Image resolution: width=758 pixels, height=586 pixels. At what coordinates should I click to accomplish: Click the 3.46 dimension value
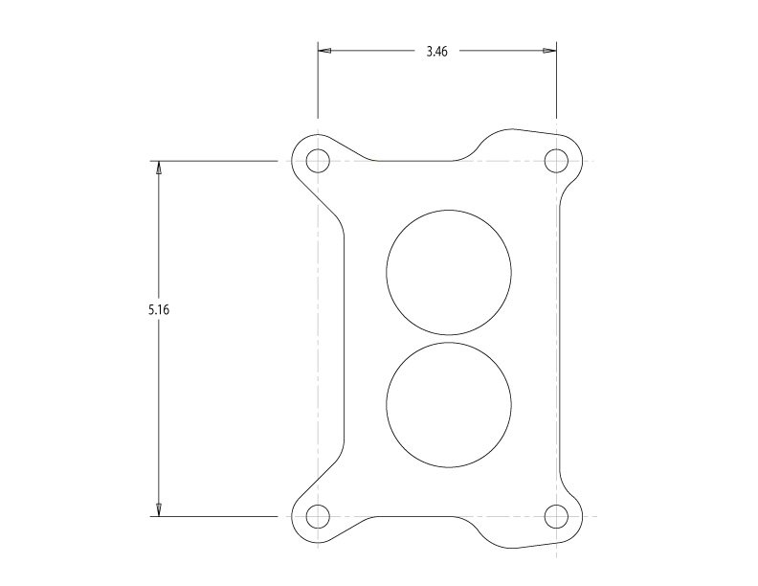[437, 52]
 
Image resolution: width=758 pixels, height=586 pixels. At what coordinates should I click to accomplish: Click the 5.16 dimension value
[159, 309]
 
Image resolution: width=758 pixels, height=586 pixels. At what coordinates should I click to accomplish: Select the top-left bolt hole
[318, 161]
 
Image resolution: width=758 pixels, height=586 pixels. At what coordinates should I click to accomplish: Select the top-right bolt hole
[556, 161]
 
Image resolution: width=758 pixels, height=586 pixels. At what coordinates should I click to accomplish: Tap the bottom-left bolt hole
[318, 516]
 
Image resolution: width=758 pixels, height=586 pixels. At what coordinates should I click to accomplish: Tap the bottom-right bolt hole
[556, 516]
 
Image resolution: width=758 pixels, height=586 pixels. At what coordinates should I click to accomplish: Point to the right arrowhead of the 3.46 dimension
[549, 51]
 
